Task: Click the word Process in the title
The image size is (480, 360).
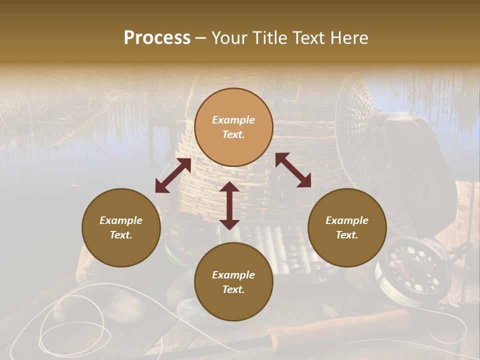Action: (x=157, y=38)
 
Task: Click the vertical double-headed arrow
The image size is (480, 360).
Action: (x=229, y=205)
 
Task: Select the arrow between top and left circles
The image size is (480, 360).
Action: (x=173, y=175)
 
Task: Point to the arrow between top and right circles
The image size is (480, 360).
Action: (x=293, y=170)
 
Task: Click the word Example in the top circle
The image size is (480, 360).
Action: (x=233, y=120)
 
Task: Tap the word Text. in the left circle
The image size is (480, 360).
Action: (x=121, y=235)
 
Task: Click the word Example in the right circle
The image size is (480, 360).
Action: (x=347, y=220)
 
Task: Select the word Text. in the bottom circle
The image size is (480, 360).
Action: (x=233, y=289)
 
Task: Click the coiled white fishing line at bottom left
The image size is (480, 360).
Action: (x=75, y=325)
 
